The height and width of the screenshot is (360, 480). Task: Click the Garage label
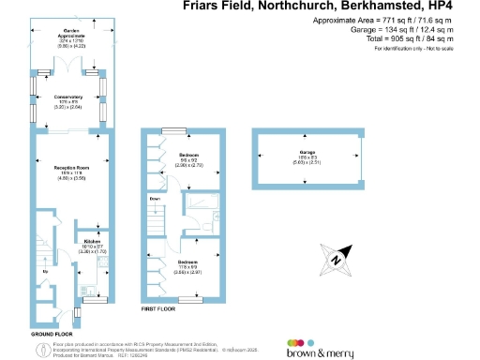307,151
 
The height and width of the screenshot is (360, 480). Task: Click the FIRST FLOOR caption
158,308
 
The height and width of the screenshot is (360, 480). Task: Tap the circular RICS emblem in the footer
16,348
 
